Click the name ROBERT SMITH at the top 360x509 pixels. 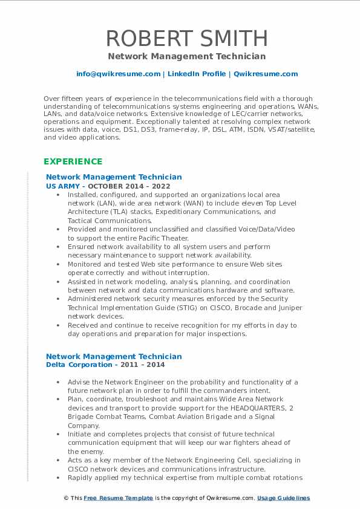tap(186, 38)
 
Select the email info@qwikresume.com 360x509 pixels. tap(118, 74)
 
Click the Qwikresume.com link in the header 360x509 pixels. tap(266, 74)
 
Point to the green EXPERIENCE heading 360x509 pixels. tap(73, 161)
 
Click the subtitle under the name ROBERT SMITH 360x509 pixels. tap(186, 56)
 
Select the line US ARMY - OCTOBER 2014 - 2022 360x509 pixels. tap(108, 186)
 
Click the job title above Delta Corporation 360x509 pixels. tap(114, 357)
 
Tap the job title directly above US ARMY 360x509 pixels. tap(114, 177)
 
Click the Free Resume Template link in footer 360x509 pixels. tap(109, 498)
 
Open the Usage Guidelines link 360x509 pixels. tap(283, 498)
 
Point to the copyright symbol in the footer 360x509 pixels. tap(66, 498)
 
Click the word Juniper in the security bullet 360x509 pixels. tap(288, 308)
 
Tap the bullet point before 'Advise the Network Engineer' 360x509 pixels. tap(57, 382)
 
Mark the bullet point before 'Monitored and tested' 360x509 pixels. tap(57, 264)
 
